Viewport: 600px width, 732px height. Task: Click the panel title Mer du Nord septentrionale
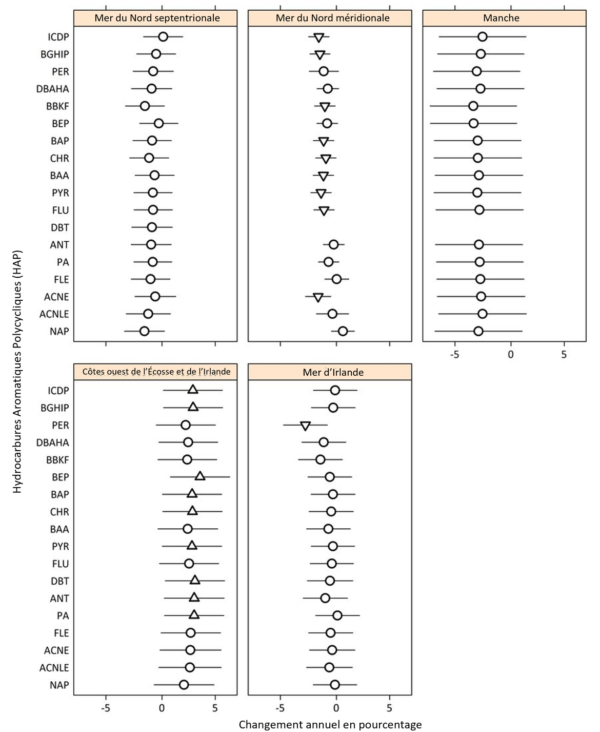coord(157,18)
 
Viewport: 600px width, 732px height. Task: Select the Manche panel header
coord(501,18)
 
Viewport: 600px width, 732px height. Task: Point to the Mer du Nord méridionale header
coord(332,18)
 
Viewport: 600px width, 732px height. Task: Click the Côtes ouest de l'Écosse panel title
coord(156,372)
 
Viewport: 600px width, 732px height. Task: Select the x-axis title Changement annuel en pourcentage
coord(330,724)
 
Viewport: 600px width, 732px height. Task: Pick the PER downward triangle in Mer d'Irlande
coord(305,426)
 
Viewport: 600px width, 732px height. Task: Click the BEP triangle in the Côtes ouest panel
coord(200,476)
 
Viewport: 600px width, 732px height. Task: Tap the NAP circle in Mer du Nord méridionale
coord(343,331)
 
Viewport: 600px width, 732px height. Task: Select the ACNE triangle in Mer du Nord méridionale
coord(318,298)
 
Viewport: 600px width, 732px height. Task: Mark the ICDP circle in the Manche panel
coord(482,36)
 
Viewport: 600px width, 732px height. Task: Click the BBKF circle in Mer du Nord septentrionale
coord(145,106)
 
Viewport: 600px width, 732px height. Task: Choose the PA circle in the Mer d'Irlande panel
coord(337,615)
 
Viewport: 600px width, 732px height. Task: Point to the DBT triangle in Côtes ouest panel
coord(195,580)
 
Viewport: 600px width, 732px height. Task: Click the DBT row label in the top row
coord(59,227)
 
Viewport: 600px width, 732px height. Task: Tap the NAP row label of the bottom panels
coord(59,685)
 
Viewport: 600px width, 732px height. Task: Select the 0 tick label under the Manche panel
coord(510,355)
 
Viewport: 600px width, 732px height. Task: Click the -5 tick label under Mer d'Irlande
coord(280,708)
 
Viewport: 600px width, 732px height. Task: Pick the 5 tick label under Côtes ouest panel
coord(215,708)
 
